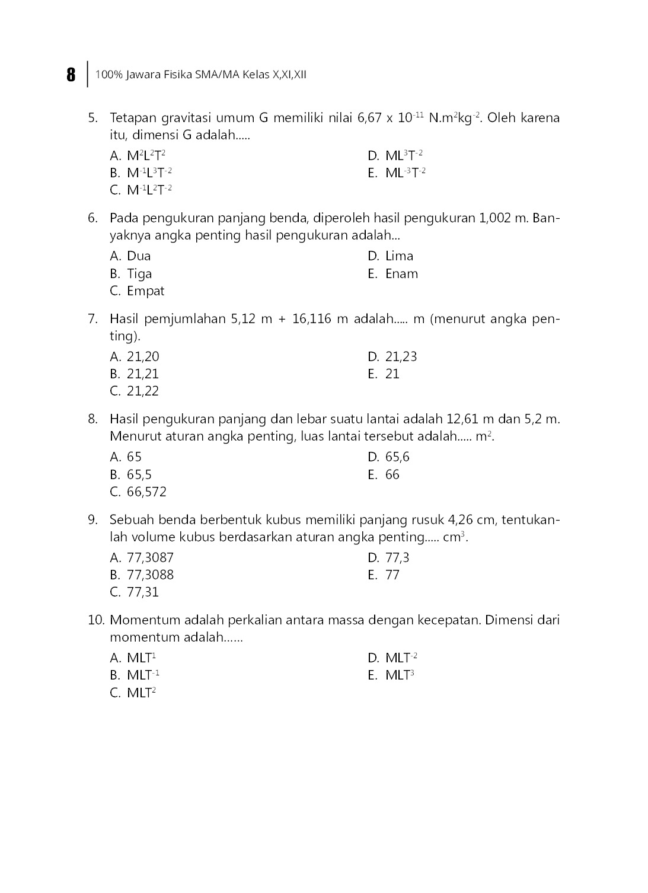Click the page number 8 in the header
[71, 75]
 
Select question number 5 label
[92, 118]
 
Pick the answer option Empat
[145, 291]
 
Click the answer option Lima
[399, 256]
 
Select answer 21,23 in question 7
[401, 357]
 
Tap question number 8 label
[92, 419]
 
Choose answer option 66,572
[146, 492]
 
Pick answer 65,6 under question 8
[397, 457]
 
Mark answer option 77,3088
[150, 575]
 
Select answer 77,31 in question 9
[143, 592]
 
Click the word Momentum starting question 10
[145, 620]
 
